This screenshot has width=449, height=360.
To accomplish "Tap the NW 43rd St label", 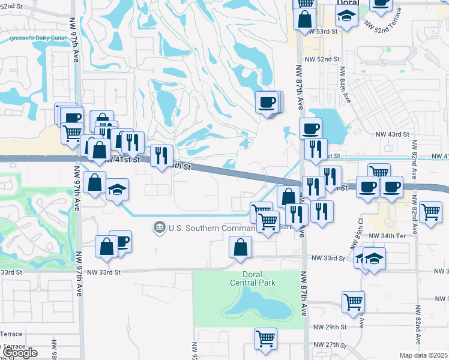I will pyautogui.click(x=393, y=135).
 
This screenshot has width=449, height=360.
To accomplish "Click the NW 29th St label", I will pyautogui.click(x=330, y=326).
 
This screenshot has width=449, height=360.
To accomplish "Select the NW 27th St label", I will pyautogui.click(x=330, y=346).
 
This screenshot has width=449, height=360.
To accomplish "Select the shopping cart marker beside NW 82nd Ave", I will pyautogui.click(x=430, y=211).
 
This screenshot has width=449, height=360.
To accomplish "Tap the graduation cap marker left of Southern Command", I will pyautogui.click(x=118, y=190).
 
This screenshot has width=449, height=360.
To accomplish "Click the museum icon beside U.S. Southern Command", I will pyautogui.click(x=160, y=227).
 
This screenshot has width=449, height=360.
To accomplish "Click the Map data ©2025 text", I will pyautogui.click(x=423, y=355).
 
